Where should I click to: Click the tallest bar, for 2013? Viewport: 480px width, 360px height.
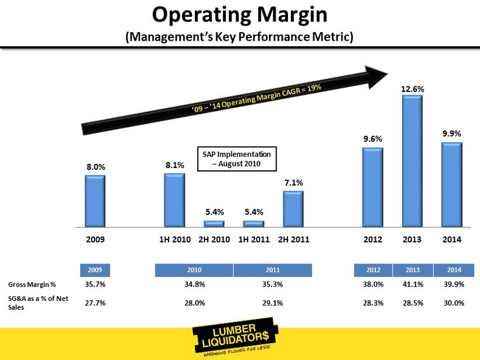click(412, 161)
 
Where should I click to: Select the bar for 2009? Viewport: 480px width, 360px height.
click(95, 201)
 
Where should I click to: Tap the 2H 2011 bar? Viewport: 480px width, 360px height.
click(293, 209)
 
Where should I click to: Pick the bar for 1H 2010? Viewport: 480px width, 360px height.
click(174, 200)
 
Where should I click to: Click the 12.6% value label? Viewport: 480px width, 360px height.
click(413, 89)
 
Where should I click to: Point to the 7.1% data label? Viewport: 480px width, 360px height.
click(294, 183)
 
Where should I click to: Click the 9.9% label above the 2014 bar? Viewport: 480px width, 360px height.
click(452, 134)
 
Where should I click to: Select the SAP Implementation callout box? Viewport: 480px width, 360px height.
click(237, 159)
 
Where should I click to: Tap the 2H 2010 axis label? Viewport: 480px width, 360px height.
click(215, 239)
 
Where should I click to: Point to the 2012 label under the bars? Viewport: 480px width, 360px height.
click(373, 239)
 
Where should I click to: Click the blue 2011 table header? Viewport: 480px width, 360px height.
click(273, 270)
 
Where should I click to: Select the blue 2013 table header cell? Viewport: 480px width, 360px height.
click(412, 270)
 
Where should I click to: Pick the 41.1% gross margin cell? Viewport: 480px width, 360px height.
click(412, 284)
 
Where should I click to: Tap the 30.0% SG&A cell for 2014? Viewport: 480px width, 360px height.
click(452, 303)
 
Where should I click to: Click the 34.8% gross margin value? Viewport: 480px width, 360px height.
click(194, 284)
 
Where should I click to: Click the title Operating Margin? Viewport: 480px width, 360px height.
click(239, 15)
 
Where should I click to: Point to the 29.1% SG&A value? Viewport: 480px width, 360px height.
click(273, 303)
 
